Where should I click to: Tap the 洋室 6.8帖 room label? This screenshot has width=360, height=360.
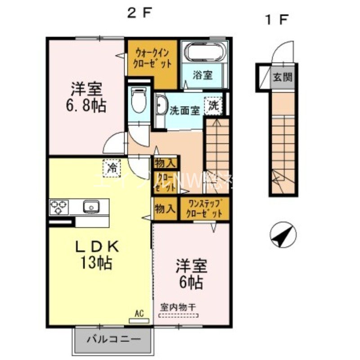point(88,97)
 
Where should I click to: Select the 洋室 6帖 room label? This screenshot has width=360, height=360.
point(191,274)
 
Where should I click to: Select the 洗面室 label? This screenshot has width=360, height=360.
point(184,110)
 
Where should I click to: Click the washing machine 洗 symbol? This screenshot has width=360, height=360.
point(213,106)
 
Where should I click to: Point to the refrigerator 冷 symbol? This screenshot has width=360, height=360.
point(112,168)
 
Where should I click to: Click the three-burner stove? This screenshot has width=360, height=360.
point(59,207)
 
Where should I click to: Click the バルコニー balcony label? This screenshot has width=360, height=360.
point(113,339)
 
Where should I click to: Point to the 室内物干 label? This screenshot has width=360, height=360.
point(179,307)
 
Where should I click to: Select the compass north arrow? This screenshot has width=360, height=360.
point(282,235)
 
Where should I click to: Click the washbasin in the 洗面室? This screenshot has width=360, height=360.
point(160,107)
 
